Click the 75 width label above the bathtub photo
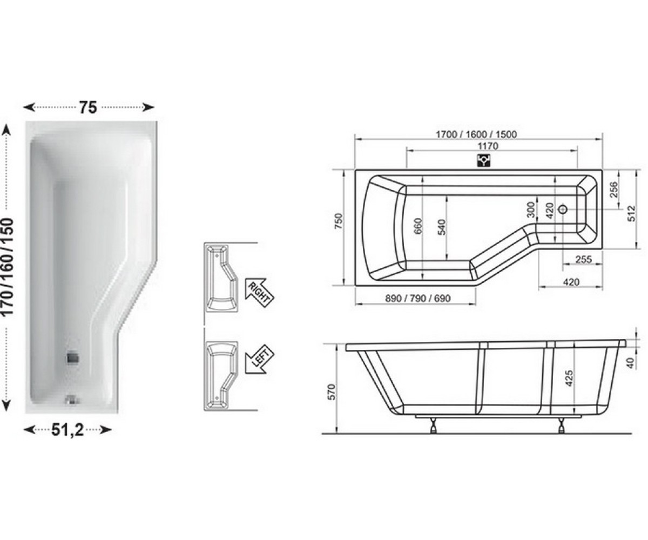tap(89, 107)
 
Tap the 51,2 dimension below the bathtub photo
tap(67, 430)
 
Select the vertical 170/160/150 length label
tap(8, 267)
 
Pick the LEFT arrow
tap(259, 360)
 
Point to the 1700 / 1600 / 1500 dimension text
tap(476, 134)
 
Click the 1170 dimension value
tap(488, 146)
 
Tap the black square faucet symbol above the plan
tap(483, 161)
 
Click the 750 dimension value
tap(339, 221)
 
